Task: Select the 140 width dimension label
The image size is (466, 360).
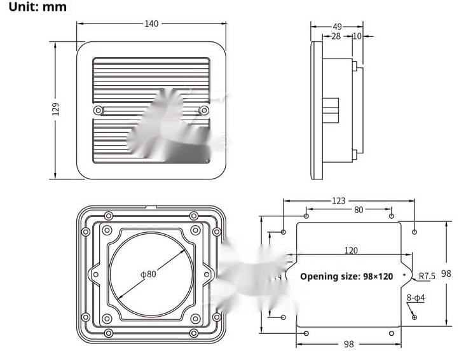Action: (151, 24)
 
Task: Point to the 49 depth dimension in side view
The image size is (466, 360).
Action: (337, 27)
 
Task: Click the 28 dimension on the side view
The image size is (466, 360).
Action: (336, 36)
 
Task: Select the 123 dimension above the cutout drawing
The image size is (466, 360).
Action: (339, 200)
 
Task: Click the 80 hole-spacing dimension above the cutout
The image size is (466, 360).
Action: (359, 209)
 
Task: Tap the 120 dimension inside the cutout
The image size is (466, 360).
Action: (350, 250)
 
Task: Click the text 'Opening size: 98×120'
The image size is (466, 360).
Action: (346, 276)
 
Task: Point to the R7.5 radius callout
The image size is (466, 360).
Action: (427, 276)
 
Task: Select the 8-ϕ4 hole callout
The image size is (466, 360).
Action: (416, 298)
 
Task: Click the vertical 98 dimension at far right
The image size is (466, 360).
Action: (446, 273)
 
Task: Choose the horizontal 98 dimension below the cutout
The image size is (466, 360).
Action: (348, 344)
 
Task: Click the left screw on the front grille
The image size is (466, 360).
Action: (97, 111)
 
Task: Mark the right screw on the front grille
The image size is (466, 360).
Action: (203, 111)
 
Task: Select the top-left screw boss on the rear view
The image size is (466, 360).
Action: (109, 215)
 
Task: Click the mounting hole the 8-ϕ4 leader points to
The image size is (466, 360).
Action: (415, 317)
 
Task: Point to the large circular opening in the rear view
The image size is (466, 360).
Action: (150, 275)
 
